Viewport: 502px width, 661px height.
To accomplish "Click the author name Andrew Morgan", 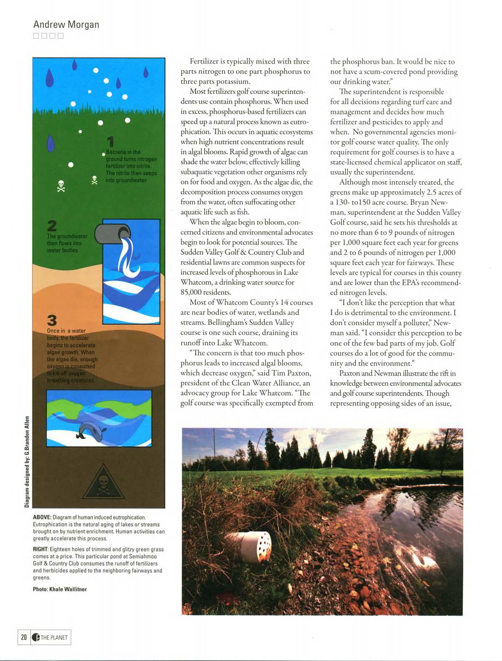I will point(66,24).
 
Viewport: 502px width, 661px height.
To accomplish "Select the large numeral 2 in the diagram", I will point(52,225).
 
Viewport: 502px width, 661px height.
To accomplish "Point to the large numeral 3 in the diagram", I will point(52,320).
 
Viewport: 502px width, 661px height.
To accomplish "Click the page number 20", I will point(23,638).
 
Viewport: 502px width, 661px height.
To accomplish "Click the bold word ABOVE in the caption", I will point(42,517).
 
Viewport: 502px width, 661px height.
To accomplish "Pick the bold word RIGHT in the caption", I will point(40,549).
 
